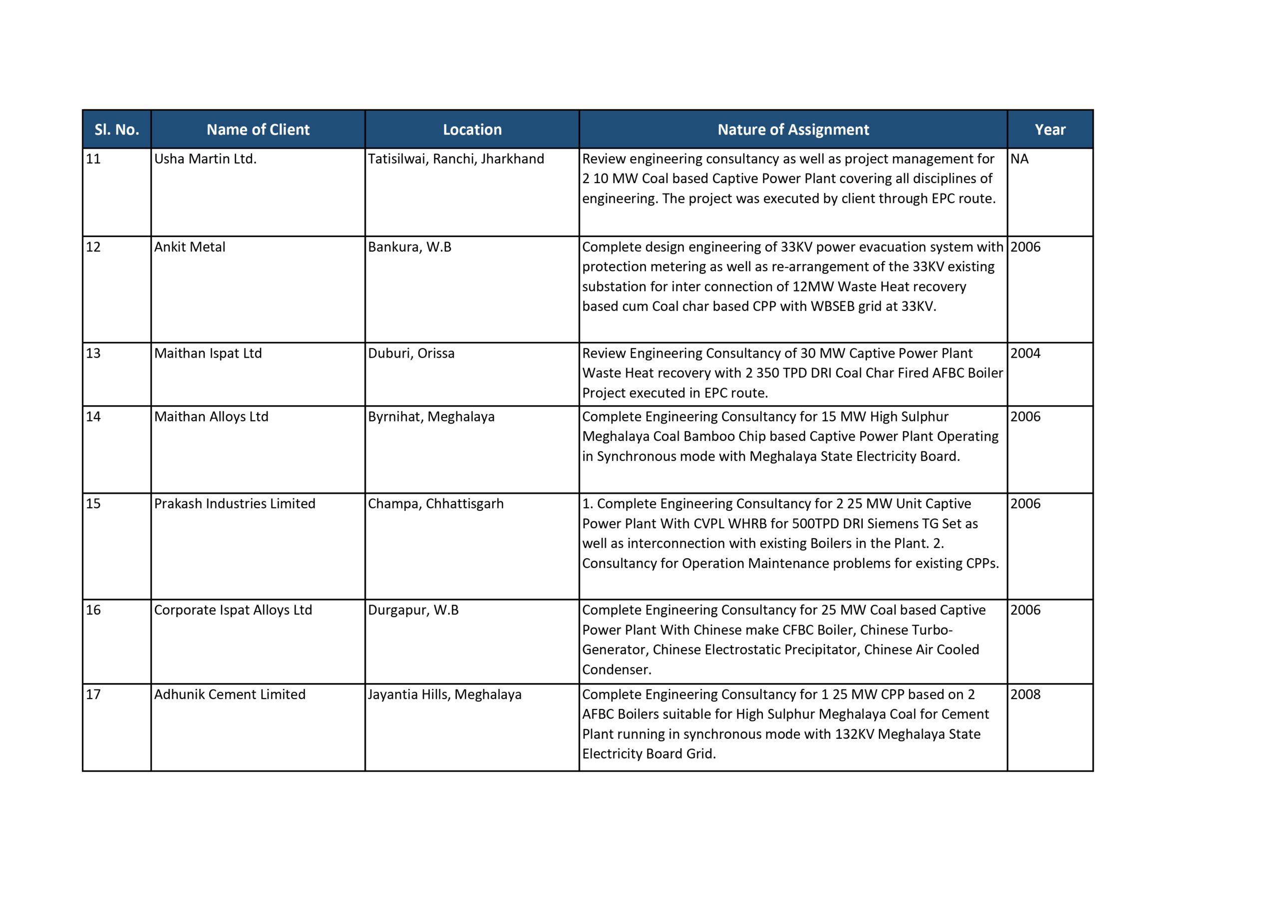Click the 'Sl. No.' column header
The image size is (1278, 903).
tap(116, 130)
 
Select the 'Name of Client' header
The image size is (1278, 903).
tap(258, 130)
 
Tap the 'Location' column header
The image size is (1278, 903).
tap(472, 130)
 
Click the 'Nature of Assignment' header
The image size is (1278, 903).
tap(793, 130)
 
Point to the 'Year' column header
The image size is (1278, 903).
tap(1050, 130)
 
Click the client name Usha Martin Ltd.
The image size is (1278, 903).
tap(205, 159)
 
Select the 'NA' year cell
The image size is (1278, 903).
tap(1019, 159)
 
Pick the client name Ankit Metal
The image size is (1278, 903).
tap(189, 247)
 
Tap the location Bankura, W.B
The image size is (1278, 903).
tap(409, 247)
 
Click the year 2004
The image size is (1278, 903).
tap(1025, 353)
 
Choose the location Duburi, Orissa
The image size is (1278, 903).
tap(411, 353)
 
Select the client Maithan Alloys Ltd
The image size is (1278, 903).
tap(211, 417)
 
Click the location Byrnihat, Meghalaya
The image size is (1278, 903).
tap(431, 417)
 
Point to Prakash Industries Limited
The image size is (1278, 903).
tap(234, 503)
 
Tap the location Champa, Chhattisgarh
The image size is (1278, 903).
tap(435, 503)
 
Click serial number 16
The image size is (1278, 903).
tap(93, 610)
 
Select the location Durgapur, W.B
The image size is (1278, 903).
tap(413, 610)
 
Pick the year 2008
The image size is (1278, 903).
tap(1025, 694)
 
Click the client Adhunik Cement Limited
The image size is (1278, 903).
tap(229, 694)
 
